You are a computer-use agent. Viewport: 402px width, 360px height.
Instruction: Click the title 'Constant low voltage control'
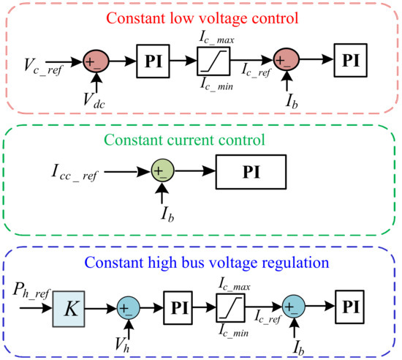click(200, 15)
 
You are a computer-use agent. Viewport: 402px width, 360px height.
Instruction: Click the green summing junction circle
click(162, 173)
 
